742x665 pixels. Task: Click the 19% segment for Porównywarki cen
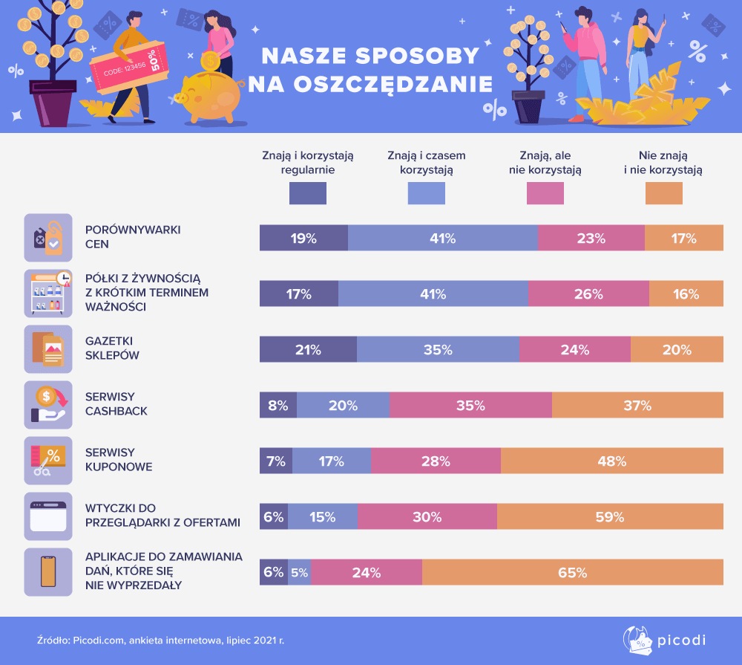[x=303, y=239]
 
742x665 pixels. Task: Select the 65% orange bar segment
[x=572, y=573]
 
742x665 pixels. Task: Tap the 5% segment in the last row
[x=299, y=573]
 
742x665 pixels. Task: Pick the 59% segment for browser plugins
[x=610, y=517]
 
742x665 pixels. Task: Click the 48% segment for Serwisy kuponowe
[x=611, y=461]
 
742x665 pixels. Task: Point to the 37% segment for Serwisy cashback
[x=637, y=406]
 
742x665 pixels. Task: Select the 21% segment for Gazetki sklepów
[x=308, y=350]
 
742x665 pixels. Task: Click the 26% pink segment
[x=588, y=294]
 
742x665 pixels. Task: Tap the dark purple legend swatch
[x=307, y=193]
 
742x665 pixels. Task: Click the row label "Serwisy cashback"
[x=116, y=404]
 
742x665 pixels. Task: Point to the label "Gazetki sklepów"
[x=112, y=348]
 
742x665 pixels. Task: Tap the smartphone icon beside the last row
[x=48, y=572]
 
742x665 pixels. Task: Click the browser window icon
[x=48, y=516]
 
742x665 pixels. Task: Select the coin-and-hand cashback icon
[x=48, y=405]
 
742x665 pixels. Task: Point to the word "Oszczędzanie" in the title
[x=370, y=83]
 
